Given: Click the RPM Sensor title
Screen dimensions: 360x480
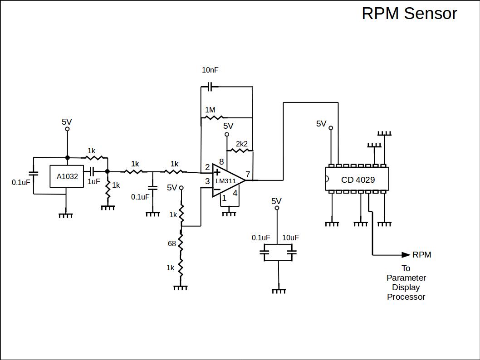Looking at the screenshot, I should click(409, 14).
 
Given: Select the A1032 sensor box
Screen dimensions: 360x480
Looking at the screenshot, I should click(67, 176).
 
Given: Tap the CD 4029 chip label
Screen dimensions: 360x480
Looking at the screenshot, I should click(358, 180).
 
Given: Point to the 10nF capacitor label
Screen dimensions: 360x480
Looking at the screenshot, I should click(211, 70).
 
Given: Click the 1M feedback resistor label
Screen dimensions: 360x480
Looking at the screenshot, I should click(210, 110).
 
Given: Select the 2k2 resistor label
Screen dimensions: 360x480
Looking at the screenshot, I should click(241, 144).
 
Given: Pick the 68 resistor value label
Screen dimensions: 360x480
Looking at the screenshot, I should click(172, 243).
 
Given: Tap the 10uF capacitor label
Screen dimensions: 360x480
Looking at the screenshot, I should click(290, 238).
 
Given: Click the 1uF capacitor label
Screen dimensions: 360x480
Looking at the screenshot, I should click(93, 181).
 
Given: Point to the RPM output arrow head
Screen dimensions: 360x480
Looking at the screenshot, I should click(406, 255).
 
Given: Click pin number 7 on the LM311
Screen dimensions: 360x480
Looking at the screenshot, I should click(248, 174).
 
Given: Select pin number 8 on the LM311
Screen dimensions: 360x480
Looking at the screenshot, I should click(221, 162).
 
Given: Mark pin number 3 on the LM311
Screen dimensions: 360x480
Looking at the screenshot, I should click(207, 181).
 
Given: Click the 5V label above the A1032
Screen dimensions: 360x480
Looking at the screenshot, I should click(67, 122).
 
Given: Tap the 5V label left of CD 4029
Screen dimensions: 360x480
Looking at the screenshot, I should click(321, 123).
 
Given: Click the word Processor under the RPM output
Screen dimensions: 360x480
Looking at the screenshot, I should click(406, 297).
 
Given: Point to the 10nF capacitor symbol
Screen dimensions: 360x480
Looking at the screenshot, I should click(210, 86).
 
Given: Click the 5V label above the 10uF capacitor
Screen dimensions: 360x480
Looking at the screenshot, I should click(276, 201).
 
